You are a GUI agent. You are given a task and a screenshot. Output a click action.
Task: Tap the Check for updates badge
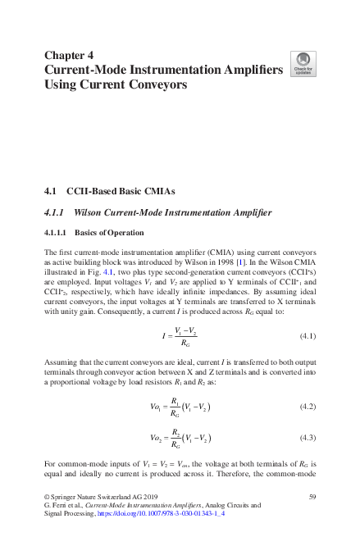[x=303, y=65]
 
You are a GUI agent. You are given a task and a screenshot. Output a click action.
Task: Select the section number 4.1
[x=49, y=191]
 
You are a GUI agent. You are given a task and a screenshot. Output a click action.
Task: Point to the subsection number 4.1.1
[x=55, y=214]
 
